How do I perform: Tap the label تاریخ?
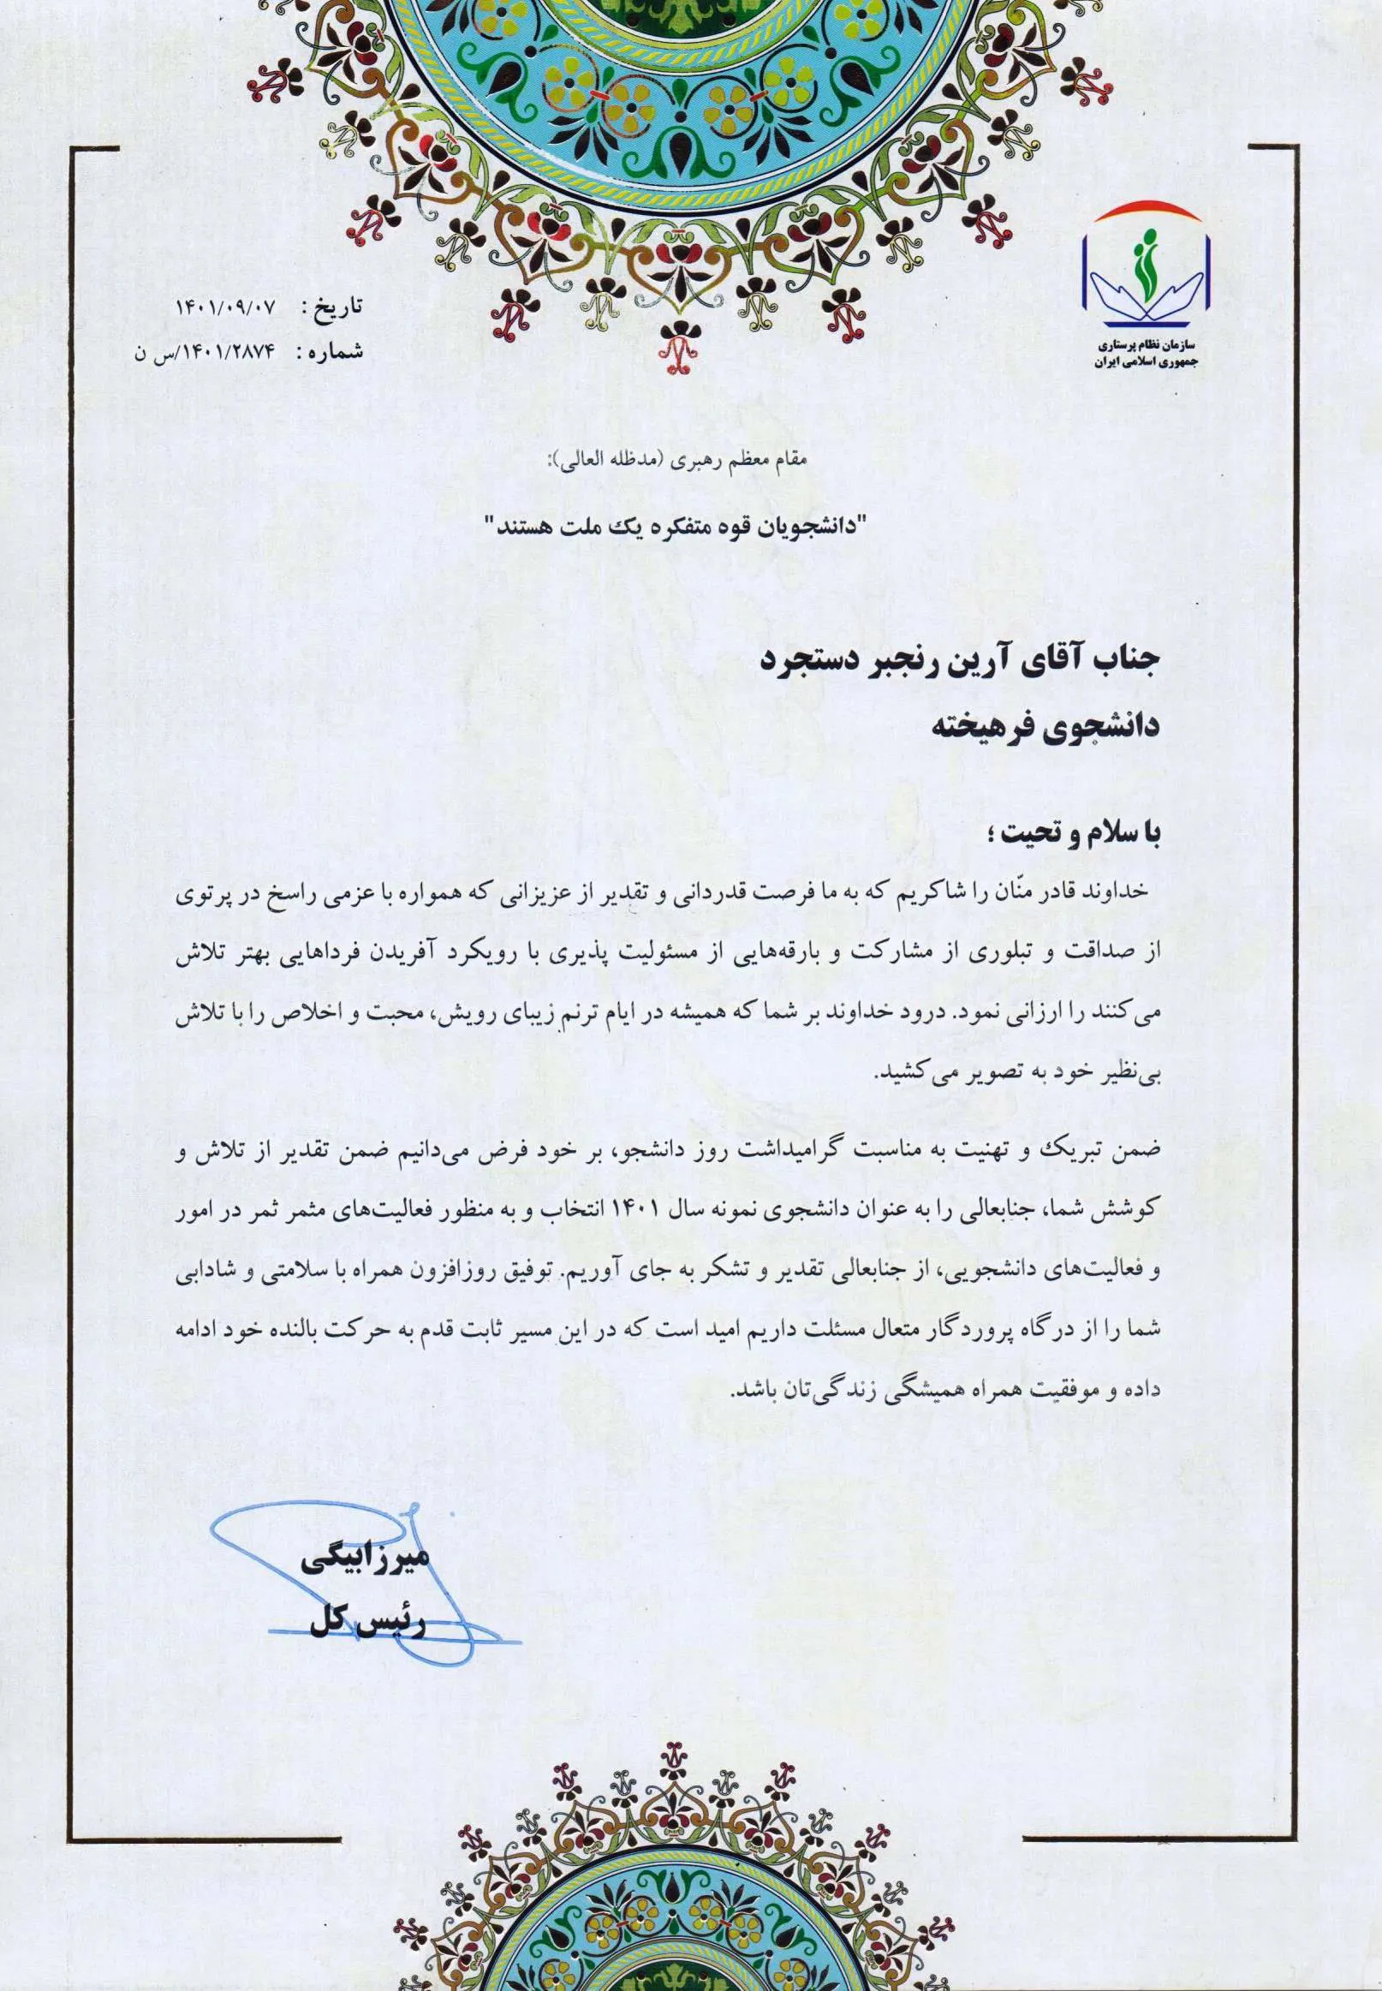click(331, 307)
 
